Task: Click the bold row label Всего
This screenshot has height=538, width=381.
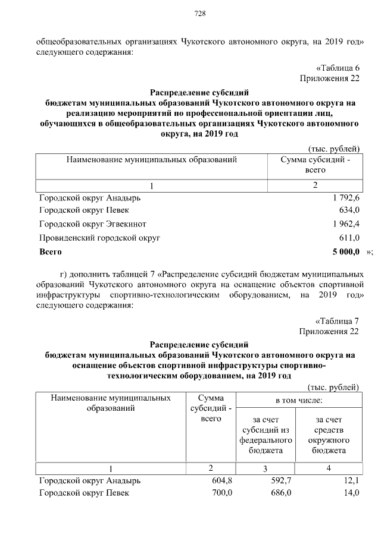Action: tap(51, 252)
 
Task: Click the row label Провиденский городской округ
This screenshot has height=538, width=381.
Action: tap(99, 237)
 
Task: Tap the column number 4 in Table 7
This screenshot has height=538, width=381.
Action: tap(329, 467)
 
